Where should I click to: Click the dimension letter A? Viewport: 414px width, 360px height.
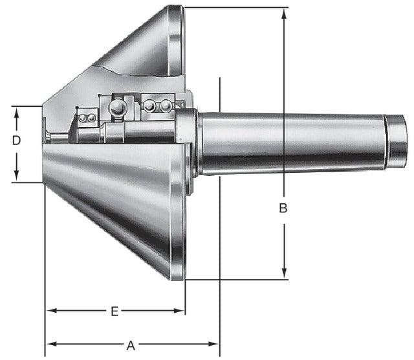click(x=131, y=346)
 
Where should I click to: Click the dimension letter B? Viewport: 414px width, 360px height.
click(x=283, y=208)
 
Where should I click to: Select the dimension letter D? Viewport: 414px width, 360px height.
click(x=16, y=141)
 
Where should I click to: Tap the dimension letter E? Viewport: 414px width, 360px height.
click(x=114, y=311)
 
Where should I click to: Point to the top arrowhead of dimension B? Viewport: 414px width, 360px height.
click(x=284, y=14)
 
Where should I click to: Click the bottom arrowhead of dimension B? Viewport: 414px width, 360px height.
click(x=284, y=273)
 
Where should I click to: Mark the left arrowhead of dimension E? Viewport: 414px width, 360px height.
click(x=52, y=310)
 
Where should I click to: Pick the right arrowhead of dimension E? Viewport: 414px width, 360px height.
click(x=179, y=311)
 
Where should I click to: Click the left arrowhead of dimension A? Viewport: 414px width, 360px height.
click(x=52, y=344)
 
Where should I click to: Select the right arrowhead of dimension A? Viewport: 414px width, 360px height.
click(x=213, y=344)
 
